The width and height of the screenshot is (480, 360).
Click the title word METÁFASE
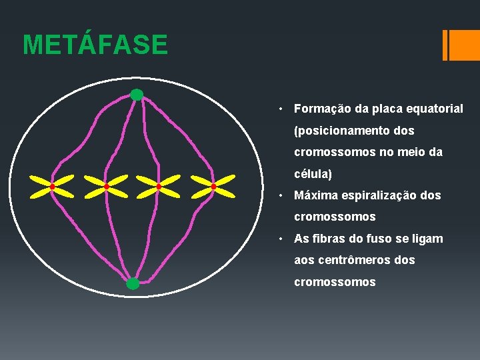pyautogui.click(x=95, y=45)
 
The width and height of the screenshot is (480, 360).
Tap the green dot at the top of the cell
pyautogui.click(x=137, y=95)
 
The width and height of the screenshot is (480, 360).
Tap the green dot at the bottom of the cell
pyautogui.click(x=133, y=284)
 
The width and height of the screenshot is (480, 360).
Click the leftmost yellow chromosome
pyautogui.click(x=52, y=187)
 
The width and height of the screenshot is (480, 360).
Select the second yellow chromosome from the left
pyautogui.click(x=105, y=187)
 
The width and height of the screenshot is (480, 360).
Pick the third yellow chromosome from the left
pyautogui.click(x=159, y=187)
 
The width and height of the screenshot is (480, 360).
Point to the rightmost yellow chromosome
pyautogui.click(x=213, y=187)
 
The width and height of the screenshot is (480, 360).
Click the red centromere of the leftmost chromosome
pyautogui.click(x=52, y=187)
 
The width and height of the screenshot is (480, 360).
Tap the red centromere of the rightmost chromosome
pyautogui.click(x=213, y=187)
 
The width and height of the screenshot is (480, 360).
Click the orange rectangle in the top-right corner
pyautogui.click(x=461, y=45)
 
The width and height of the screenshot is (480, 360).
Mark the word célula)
pyautogui.click(x=313, y=174)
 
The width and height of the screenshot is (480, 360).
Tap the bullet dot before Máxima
pyautogui.click(x=283, y=196)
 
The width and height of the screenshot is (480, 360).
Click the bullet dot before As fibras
pyautogui.click(x=283, y=239)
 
